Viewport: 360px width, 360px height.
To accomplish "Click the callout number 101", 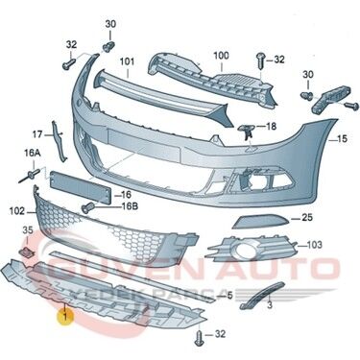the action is tap(127, 64).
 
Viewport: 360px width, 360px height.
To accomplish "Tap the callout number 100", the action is tap(222, 56).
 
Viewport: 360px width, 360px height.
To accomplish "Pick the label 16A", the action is tap(33, 153).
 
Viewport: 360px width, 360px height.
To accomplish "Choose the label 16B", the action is tap(128, 205).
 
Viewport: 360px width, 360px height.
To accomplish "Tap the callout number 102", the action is tap(15, 209).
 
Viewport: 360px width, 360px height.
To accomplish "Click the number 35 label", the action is tap(28, 230).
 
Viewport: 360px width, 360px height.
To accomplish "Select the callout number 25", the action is tap(307, 218).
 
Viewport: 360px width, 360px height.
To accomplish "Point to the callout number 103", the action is tap(314, 246).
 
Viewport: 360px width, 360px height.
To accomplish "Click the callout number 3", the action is tap(271, 304).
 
